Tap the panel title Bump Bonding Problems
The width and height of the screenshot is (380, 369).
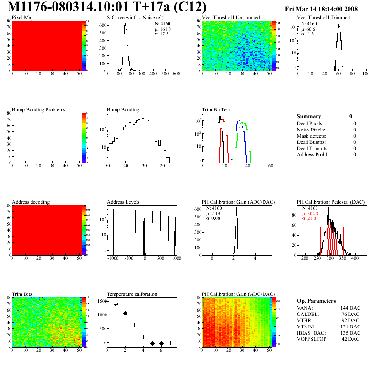click(x=39, y=110)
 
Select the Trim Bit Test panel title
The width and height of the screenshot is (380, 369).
click(x=216, y=110)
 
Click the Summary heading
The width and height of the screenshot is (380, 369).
click(x=309, y=116)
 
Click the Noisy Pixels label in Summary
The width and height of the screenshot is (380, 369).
click(x=311, y=130)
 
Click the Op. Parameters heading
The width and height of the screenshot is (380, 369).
click(x=316, y=301)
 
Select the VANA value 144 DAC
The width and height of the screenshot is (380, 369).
click(x=350, y=308)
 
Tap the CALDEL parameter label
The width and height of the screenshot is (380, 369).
click(x=307, y=314)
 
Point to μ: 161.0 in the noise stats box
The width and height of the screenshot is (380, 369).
click(x=162, y=29)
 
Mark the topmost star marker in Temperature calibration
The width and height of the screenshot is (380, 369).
click(x=107, y=301)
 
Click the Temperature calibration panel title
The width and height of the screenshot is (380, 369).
click(x=132, y=294)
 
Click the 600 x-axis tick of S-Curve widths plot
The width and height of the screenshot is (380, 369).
click(x=176, y=74)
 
